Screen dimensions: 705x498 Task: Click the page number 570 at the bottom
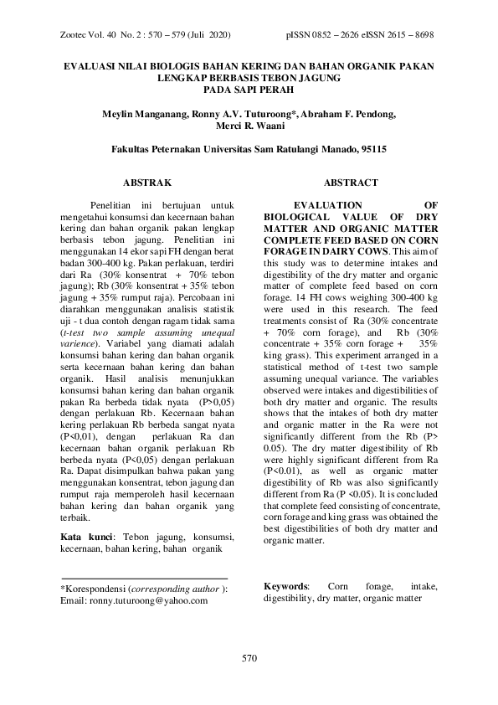249,657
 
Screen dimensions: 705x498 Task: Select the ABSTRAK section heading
147,182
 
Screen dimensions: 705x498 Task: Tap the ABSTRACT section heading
350,182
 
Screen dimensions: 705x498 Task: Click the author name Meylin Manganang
148,112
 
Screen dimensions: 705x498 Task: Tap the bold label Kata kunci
90,535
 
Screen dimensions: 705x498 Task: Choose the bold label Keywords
286,587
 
